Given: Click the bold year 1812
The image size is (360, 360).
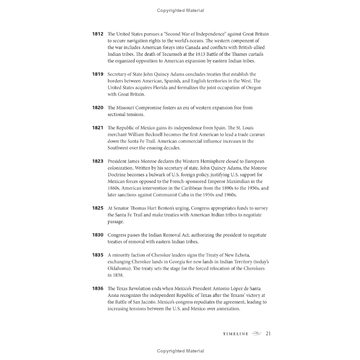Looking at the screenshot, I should [x=98, y=34].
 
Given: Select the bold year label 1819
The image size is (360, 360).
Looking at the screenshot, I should [x=98, y=74].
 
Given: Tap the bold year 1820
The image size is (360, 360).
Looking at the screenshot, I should [x=98, y=108].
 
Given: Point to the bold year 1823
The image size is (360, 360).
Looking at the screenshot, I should [x=98, y=161].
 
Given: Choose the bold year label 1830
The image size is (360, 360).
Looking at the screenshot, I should [x=98, y=235].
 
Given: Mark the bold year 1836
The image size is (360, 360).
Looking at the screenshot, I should [x=98, y=288].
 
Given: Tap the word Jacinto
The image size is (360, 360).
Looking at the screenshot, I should [x=160, y=302].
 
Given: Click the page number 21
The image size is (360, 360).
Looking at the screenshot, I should [x=269, y=333].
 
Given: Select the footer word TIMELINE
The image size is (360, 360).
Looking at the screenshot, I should [x=236, y=334].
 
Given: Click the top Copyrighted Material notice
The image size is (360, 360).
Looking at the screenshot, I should [x=180, y=10].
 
